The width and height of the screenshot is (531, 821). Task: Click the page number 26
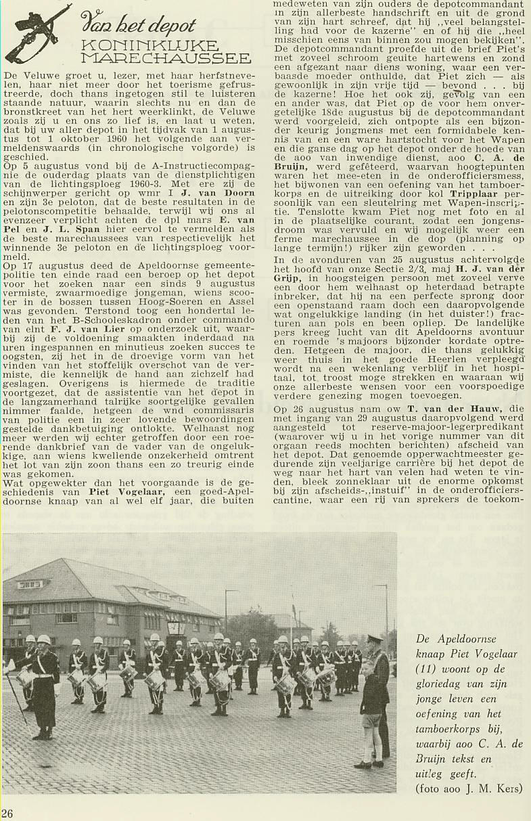point(7,813)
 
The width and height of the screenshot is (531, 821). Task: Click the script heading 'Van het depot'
point(138,26)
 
